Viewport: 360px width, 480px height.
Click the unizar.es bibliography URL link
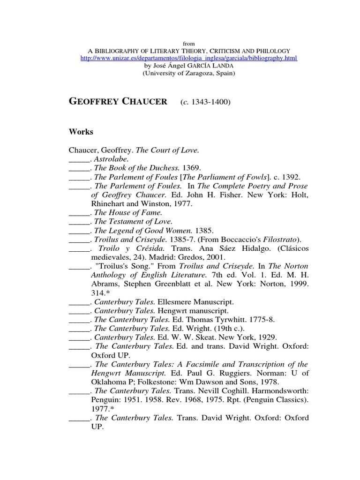[189, 58]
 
